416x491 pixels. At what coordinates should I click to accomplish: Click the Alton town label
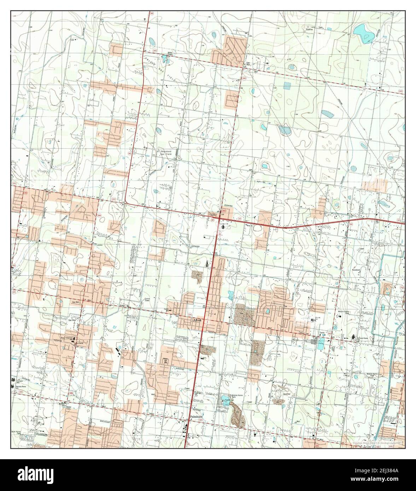[x=197, y=320]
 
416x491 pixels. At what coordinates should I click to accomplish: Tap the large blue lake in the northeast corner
[x=364, y=32]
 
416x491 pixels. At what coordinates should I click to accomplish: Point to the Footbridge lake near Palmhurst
[x=225, y=401]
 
